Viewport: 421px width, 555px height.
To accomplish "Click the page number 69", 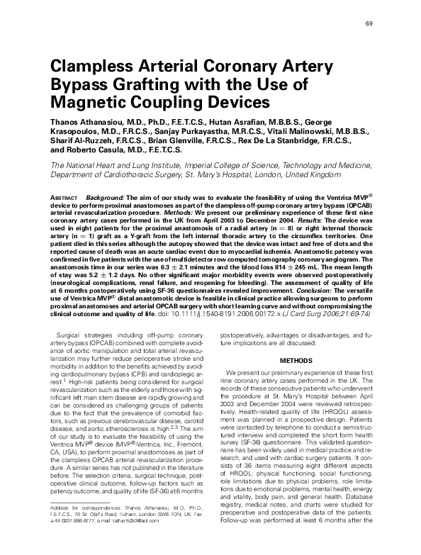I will [x=369, y=24].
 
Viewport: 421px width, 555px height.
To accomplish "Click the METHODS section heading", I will [x=296, y=360].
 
